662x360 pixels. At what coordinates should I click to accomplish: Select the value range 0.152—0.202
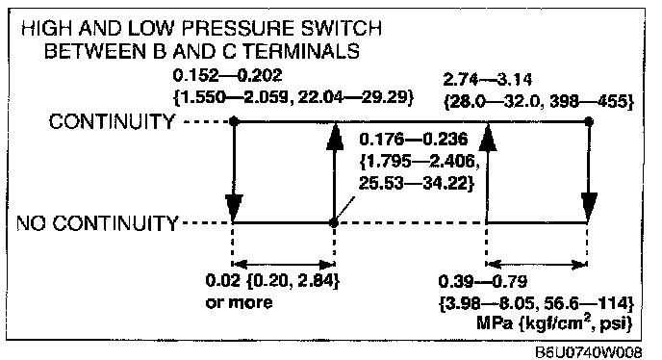pyautogui.click(x=227, y=76)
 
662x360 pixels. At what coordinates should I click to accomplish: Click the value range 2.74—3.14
pyautogui.click(x=487, y=80)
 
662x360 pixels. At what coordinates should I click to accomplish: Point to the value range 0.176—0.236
pyautogui.click(x=414, y=140)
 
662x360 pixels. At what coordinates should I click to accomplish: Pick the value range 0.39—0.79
pyautogui.click(x=483, y=281)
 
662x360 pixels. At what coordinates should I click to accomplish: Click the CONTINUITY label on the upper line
pyautogui.click(x=112, y=121)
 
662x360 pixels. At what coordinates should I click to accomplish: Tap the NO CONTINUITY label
pyautogui.click(x=97, y=223)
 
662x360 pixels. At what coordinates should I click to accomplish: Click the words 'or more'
pyautogui.click(x=239, y=303)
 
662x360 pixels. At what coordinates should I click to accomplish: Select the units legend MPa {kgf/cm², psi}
pyautogui.click(x=554, y=323)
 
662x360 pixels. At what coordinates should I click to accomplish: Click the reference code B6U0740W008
pyautogui.click(x=589, y=352)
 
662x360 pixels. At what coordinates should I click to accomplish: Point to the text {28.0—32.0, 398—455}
pyautogui.click(x=538, y=102)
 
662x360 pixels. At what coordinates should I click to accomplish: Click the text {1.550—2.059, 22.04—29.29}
pyautogui.click(x=293, y=97)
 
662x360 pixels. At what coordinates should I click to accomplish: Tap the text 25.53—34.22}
pyautogui.click(x=417, y=184)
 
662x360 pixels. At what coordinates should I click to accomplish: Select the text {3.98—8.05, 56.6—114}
pyautogui.click(x=536, y=303)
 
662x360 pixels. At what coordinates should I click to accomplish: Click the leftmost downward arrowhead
pyautogui.click(x=234, y=207)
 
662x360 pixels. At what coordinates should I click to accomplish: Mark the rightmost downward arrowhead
pyautogui.click(x=589, y=207)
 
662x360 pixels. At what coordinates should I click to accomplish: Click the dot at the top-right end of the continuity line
pyautogui.click(x=590, y=121)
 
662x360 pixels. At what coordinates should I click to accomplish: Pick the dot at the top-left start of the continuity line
pyautogui.click(x=234, y=121)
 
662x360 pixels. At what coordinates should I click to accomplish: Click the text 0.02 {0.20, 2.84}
pyautogui.click(x=272, y=281)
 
